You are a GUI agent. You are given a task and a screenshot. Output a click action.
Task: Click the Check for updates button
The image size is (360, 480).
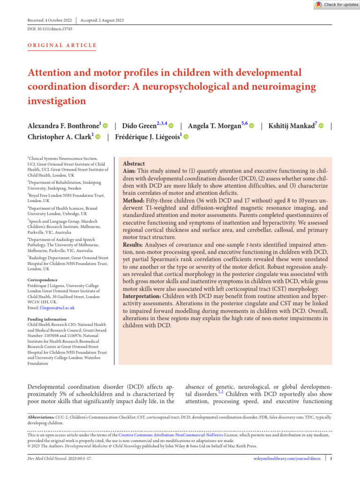coord(337,5)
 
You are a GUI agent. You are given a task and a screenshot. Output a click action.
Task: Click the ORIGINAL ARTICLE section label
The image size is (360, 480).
coord(62,45)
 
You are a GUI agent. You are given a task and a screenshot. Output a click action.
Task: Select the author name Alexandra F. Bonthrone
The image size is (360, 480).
coord(63,126)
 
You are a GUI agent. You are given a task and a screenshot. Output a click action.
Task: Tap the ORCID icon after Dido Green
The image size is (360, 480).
coord(171,126)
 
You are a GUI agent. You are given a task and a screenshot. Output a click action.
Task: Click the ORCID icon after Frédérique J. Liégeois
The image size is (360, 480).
coord(186,137)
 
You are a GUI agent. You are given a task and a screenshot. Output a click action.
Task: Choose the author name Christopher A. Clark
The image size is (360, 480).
coord(60,137)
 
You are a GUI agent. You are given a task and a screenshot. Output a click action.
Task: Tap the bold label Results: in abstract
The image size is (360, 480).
coord(135,245)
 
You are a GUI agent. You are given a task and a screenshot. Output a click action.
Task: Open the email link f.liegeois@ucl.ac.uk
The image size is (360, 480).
coord(56,308)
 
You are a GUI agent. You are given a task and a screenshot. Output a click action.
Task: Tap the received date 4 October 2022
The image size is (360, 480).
coord(58,20)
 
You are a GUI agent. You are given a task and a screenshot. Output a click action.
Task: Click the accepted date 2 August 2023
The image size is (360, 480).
coord(108,20)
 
